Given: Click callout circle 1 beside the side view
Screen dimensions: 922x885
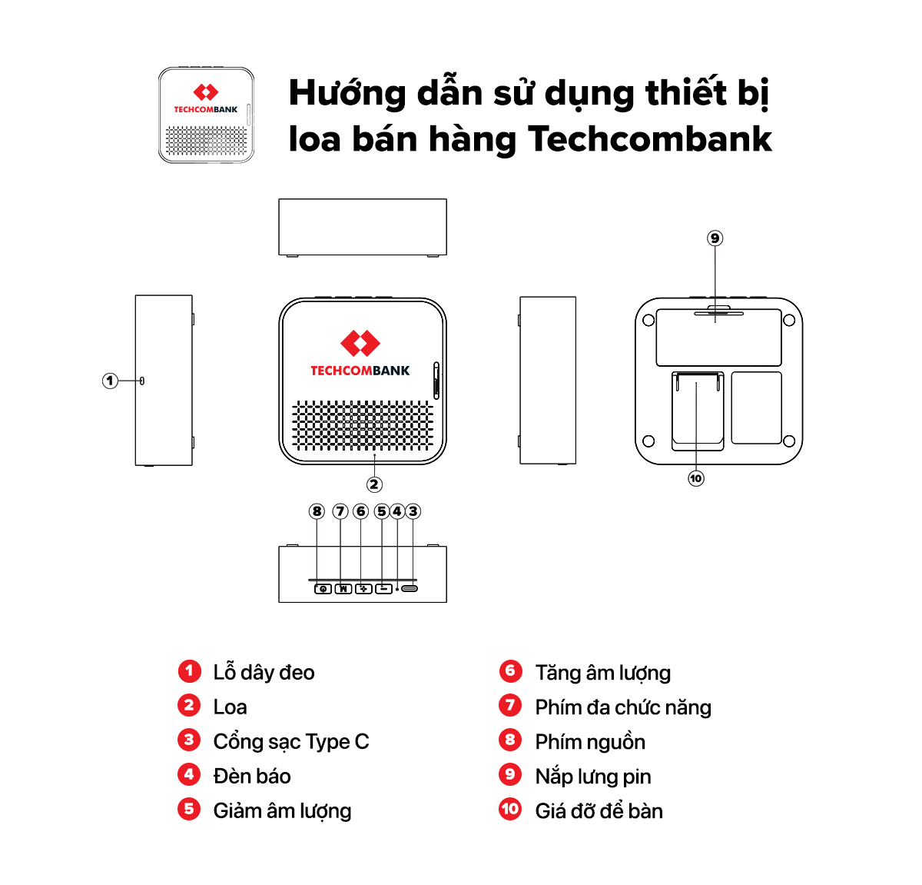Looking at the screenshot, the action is click(x=110, y=381).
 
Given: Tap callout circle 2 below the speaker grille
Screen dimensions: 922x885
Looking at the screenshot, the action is click(x=374, y=484).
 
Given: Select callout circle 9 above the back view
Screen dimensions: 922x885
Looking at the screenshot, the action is click(x=715, y=238).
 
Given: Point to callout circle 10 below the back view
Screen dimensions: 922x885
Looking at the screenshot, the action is click(x=696, y=478).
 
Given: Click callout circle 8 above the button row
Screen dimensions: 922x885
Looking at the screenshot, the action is click(x=317, y=511).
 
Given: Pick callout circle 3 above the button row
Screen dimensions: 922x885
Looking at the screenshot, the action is click(x=413, y=511).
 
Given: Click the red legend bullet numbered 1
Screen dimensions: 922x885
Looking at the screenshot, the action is click(x=189, y=671).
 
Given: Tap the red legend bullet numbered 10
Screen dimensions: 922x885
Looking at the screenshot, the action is click(x=510, y=809).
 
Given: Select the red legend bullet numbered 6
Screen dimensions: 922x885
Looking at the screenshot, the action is click(x=510, y=671).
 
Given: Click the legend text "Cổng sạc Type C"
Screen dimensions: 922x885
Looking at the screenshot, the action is click(x=291, y=742).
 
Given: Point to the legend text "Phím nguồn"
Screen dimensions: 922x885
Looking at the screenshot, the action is click(x=590, y=742).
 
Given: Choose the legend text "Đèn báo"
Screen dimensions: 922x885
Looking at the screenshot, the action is click(x=251, y=776).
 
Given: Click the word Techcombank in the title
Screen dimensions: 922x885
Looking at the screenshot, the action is click(x=649, y=139).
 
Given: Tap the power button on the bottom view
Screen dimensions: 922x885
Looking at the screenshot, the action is click(x=323, y=589).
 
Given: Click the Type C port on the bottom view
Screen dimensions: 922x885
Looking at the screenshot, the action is click(x=410, y=588).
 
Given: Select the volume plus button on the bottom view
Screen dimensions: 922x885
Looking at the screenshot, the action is click(x=363, y=589).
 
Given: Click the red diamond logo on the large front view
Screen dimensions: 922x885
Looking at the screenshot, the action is click(x=360, y=343).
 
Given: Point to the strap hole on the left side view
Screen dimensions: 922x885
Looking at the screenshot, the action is click(x=142, y=381).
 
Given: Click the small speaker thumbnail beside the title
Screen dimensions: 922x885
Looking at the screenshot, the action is click(x=206, y=115).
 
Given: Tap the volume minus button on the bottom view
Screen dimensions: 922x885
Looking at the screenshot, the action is click(x=383, y=589).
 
